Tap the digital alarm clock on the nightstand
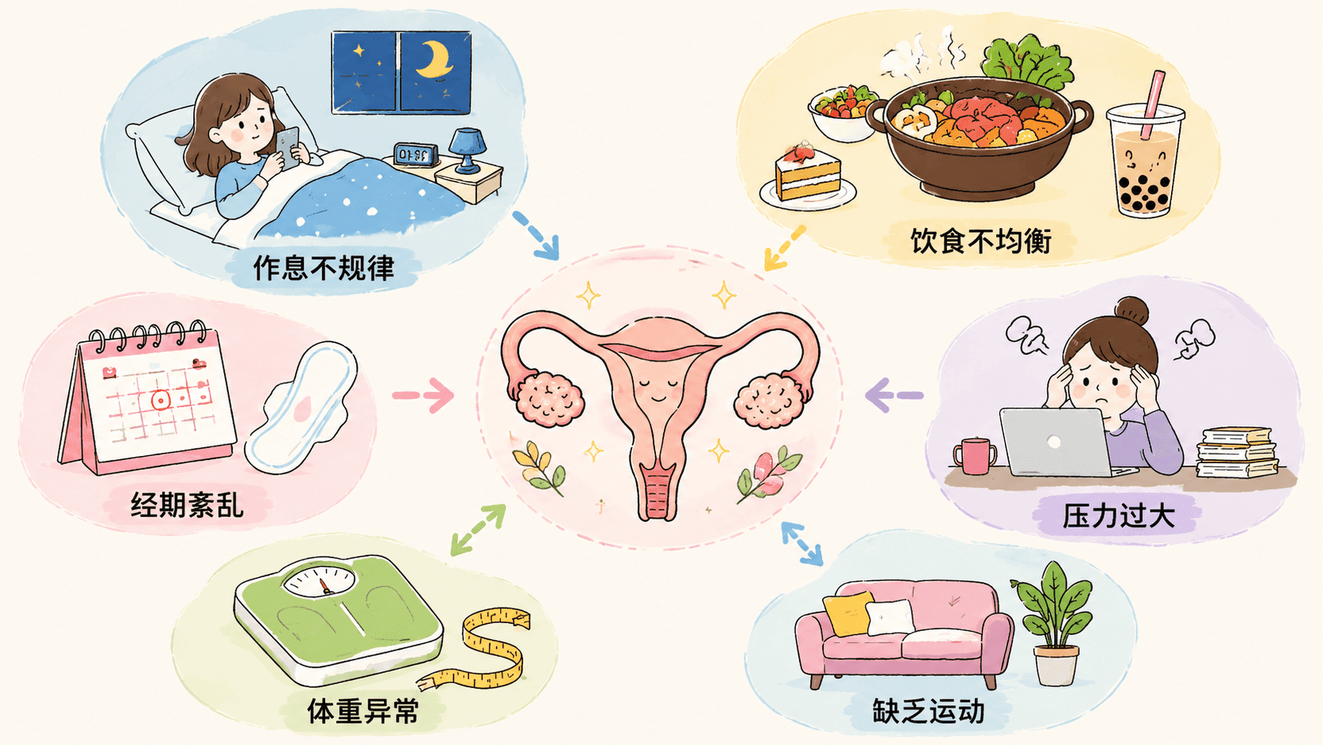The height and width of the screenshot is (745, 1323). (x=415, y=155)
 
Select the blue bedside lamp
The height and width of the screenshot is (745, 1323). (x=468, y=150)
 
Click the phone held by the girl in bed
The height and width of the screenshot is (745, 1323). (x=288, y=148)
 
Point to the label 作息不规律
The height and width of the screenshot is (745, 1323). (x=324, y=268)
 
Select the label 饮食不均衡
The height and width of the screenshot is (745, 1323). (x=981, y=241)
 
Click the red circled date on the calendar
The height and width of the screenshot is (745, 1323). (x=160, y=401)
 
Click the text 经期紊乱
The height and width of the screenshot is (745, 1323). (x=188, y=506)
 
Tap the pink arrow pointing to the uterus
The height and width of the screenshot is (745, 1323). (x=423, y=395)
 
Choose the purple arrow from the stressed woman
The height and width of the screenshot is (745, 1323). (x=894, y=395)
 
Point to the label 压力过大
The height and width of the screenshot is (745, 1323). (x=1119, y=515)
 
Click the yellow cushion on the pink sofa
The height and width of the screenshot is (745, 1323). (x=848, y=614)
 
